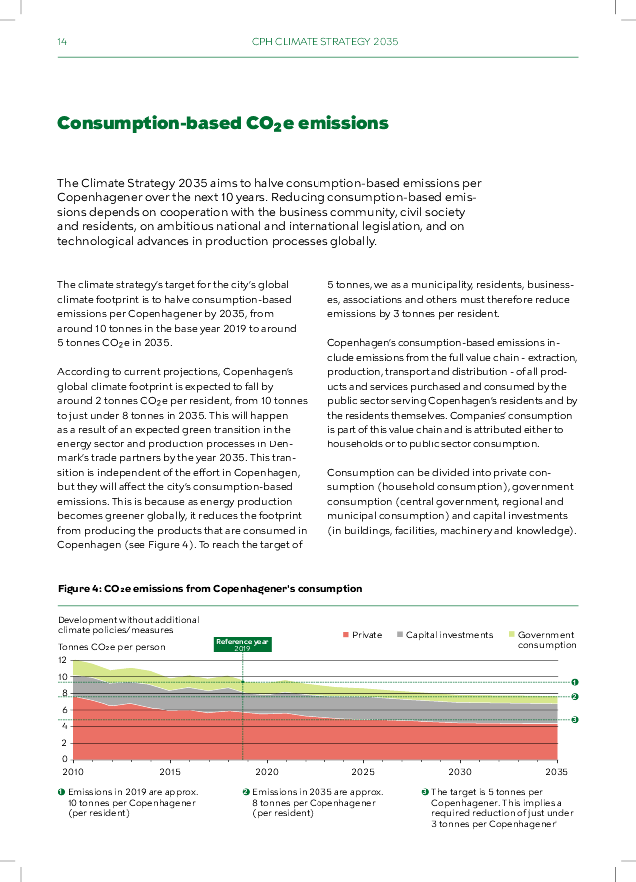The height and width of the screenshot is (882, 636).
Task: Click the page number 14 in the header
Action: (x=62, y=41)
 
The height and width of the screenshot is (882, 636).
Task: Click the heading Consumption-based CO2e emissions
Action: (x=222, y=123)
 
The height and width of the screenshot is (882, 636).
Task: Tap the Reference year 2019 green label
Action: (x=242, y=644)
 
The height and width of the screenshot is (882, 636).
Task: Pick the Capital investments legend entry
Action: (x=445, y=635)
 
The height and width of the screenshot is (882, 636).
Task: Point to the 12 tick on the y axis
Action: (x=62, y=661)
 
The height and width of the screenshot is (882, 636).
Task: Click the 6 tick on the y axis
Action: (x=65, y=710)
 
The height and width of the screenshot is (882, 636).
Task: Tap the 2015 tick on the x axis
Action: (x=170, y=772)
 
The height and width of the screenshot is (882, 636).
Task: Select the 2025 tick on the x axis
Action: (x=363, y=772)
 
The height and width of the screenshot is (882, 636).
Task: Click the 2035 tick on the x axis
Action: (x=556, y=772)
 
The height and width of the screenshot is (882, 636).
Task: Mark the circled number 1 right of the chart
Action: (x=575, y=682)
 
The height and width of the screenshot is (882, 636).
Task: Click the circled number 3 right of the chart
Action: (x=575, y=719)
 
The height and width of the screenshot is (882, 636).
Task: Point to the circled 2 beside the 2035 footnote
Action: (x=245, y=792)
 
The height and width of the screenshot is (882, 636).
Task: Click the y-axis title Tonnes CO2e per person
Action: (x=111, y=647)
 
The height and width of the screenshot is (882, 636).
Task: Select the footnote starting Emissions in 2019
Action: (x=132, y=802)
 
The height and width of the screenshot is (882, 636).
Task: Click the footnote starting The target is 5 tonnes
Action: (x=497, y=807)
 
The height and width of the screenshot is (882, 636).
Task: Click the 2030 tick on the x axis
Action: (x=459, y=772)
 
